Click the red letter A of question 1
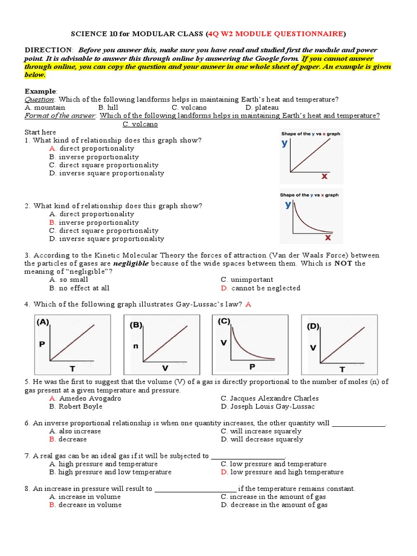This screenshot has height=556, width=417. (x=52, y=148)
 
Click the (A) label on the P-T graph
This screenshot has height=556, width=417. (x=43, y=322)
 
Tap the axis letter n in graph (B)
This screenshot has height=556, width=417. (x=135, y=346)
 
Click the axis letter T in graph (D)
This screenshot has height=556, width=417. (x=342, y=369)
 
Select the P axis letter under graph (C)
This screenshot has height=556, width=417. (x=251, y=367)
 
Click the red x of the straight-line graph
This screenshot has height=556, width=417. (x=324, y=176)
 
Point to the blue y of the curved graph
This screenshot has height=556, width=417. (x=288, y=205)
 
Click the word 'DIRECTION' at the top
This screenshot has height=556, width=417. (x=48, y=50)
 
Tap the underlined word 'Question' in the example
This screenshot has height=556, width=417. (x=40, y=99)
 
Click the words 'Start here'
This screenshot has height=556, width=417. (x=40, y=132)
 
